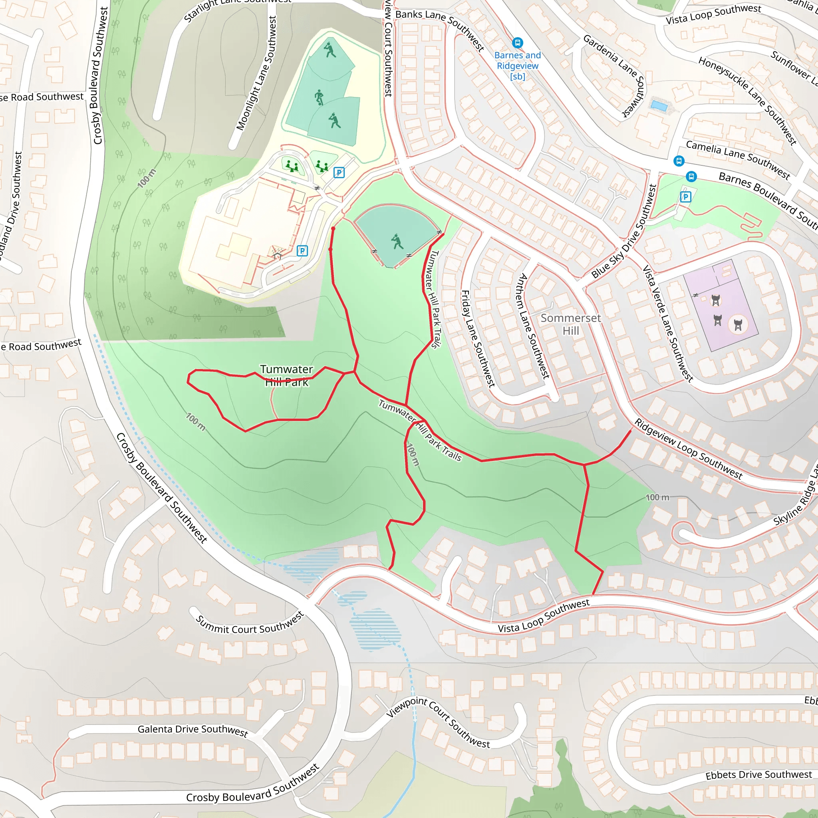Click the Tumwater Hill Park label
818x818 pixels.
287,375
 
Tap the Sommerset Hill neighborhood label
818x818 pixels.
570,324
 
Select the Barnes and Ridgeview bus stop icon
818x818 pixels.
517,43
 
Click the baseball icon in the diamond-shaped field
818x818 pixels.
397,242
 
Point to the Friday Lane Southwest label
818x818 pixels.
478,339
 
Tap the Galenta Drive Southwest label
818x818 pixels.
193,730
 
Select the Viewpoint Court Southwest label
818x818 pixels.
438,722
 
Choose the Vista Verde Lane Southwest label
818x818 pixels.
668,324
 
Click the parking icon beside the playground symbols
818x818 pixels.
339,172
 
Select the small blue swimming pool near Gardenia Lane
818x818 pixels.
659,105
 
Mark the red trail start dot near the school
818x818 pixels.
333,229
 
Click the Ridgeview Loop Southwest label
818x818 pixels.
688,449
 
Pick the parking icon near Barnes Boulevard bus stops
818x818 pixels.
685,197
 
